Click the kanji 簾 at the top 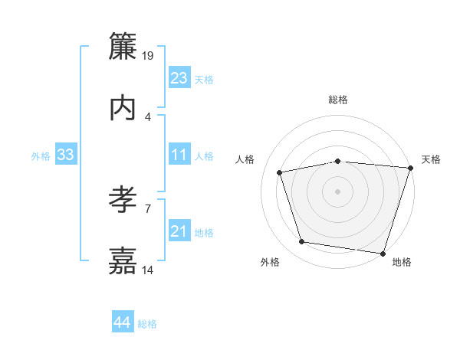123,47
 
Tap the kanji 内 123,108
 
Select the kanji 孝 123,200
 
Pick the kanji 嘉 123,261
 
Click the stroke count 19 148,56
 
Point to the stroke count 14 148,270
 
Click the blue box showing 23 179,78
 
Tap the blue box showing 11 179,155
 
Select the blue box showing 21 179,231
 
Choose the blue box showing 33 66,155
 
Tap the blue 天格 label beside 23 204,80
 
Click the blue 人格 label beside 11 204,156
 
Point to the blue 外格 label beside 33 41,156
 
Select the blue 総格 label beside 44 147,324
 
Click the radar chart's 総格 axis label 338,100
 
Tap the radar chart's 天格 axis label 431,159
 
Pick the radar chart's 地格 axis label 402,263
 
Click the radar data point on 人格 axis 281,173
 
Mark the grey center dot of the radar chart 338,191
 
